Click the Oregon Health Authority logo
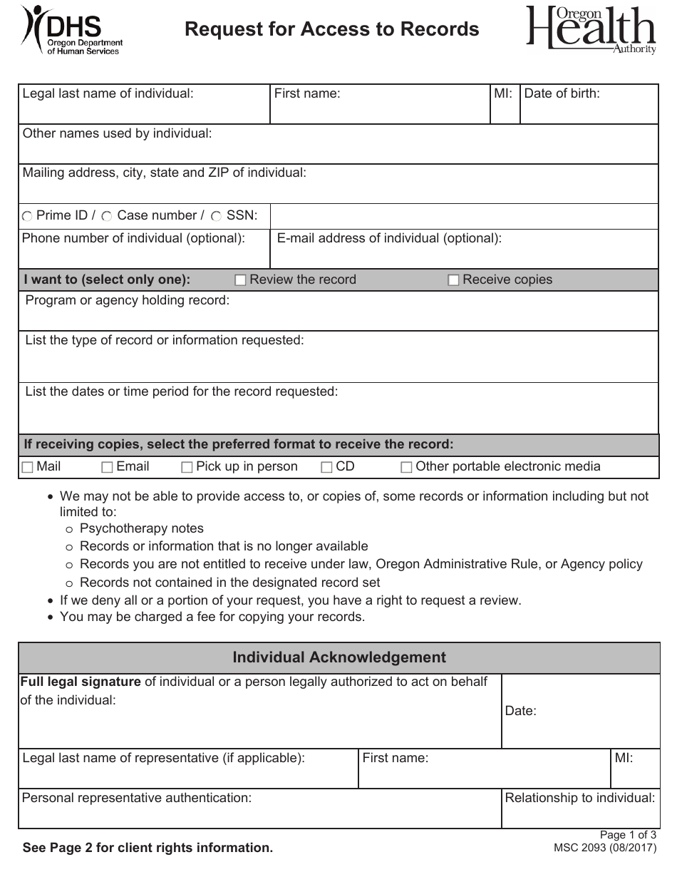(x=591, y=30)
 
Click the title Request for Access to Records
(x=331, y=29)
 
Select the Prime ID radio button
(x=27, y=216)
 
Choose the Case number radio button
(x=107, y=216)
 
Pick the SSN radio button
(x=216, y=216)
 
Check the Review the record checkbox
(x=240, y=280)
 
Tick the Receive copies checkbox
(x=453, y=280)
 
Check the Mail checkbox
(x=28, y=468)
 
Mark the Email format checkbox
(x=108, y=468)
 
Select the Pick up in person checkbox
(x=187, y=468)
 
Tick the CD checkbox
(x=327, y=468)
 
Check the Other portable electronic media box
(x=407, y=468)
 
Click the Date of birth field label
(x=562, y=93)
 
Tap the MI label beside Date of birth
(x=503, y=93)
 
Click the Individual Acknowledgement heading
(x=339, y=657)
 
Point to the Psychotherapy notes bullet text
(x=141, y=528)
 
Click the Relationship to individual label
(x=579, y=798)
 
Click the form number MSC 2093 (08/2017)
(x=605, y=848)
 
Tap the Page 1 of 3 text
(x=627, y=836)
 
